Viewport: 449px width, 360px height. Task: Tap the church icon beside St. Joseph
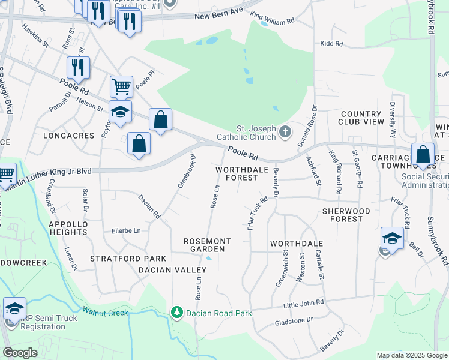[286, 130]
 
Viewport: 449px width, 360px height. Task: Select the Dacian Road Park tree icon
[176, 312]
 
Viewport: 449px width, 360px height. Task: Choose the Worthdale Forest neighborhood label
[237, 173]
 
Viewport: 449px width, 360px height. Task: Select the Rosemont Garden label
[204, 244]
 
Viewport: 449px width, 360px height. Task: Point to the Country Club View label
[361, 118]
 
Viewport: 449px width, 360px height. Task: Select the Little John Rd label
[303, 304]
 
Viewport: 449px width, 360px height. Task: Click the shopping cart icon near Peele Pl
[121, 87]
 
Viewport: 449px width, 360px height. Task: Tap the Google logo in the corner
[20, 353]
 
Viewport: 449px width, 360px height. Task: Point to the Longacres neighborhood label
[69, 136]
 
